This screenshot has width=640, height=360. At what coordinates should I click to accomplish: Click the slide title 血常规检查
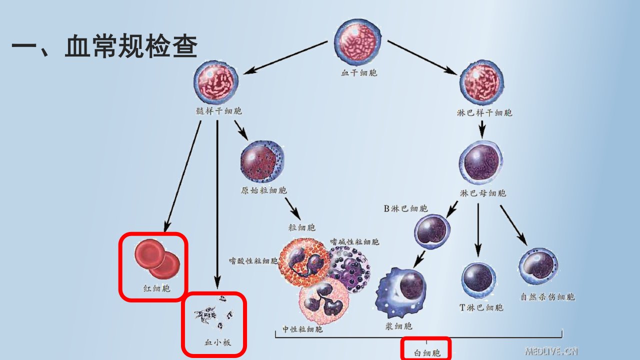click(131, 45)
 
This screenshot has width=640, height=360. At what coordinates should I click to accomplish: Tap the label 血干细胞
click(359, 73)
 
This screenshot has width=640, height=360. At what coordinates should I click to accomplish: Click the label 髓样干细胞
click(219, 111)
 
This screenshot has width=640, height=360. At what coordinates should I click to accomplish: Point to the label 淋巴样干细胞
click(484, 113)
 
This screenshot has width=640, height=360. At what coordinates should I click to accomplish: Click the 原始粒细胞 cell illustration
click(262, 161)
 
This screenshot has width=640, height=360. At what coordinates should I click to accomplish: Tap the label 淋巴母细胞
click(483, 193)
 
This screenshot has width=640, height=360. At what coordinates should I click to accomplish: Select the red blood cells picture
click(157, 259)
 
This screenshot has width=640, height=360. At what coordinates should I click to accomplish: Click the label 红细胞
click(157, 288)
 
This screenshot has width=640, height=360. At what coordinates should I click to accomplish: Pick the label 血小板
click(217, 342)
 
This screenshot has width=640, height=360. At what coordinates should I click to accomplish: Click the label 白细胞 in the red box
click(427, 353)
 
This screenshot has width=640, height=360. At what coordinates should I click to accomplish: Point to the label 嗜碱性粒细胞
click(354, 242)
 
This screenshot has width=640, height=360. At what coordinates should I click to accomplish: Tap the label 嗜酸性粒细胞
click(253, 261)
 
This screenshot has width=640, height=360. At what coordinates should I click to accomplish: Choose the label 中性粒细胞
click(302, 329)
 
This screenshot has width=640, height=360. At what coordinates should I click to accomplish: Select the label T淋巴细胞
click(481, 307)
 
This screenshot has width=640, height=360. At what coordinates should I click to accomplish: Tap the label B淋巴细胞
click(405, 208)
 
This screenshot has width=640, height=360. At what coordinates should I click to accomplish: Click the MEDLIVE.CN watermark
click(551, 351)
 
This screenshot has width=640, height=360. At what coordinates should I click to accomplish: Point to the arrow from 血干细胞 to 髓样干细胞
click(285, 57)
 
